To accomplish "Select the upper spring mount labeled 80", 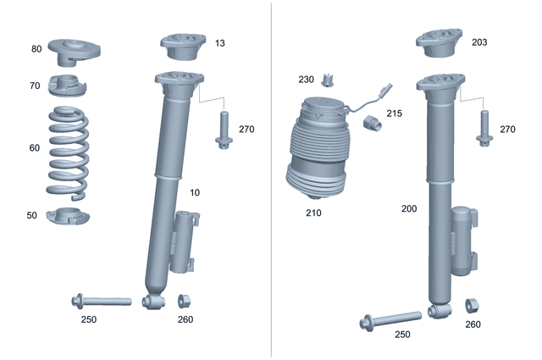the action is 74,51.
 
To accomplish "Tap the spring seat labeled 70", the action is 68,86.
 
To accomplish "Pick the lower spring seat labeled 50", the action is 68,216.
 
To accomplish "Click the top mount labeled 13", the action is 183,47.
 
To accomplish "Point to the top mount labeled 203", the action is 439,43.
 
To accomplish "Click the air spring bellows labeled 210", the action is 318,149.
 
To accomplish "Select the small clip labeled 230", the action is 328,80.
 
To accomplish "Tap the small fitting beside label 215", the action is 372,123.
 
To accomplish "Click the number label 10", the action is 195,192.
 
